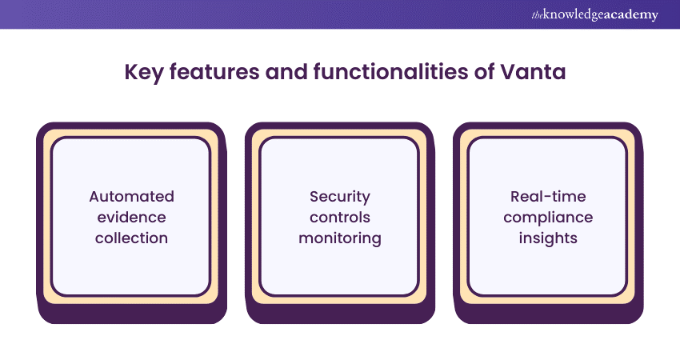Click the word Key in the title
(x=143, y=73)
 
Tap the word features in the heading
(x=214, y=71)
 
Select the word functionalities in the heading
(x=390, y=71)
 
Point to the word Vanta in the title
(x=533, y=72)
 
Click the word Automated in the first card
(x=132, y=197)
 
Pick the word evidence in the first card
(x=131, y=217)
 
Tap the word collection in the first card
(x=131, y=238)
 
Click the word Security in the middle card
(x=340, y=198)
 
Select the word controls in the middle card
(x=340, y=217)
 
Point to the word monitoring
(x=340, y=238)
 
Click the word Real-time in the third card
(x=548, y=197)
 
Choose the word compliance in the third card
(x=548, y=218)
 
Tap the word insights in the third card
(x=548, y=238)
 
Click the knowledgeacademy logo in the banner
(x=595, y=14)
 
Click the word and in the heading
(x=286, y=72)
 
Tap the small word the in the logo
(x=537, y=16)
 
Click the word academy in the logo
(x=632, y=16)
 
